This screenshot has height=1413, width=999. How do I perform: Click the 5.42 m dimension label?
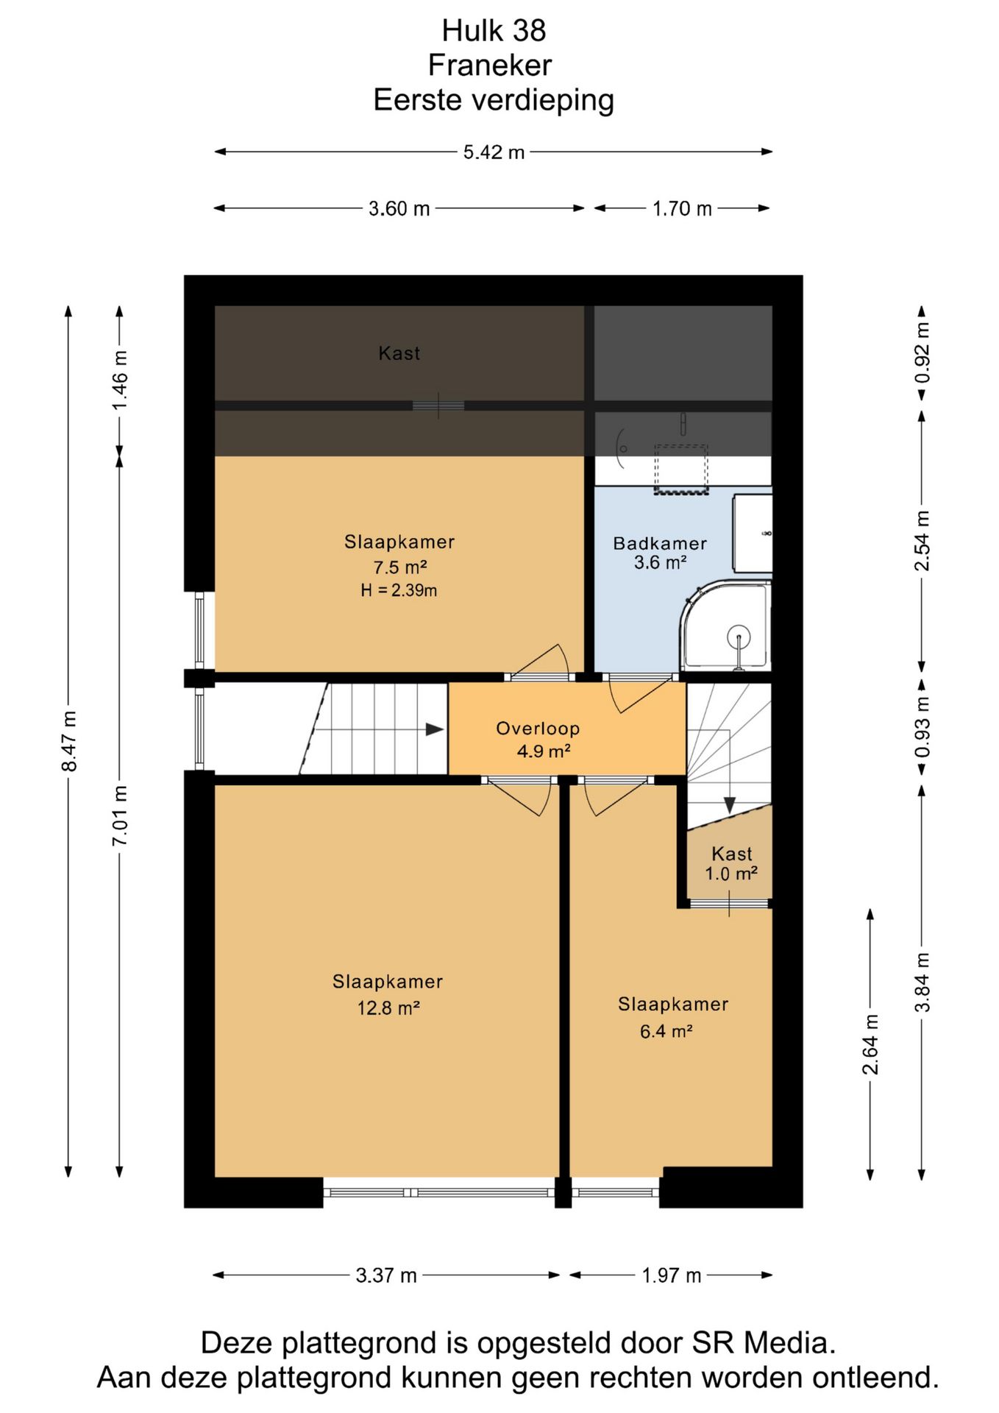point(494,152)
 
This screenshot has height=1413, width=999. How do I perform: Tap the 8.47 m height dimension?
point(69,741)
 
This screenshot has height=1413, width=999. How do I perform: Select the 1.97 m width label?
point(671,1275)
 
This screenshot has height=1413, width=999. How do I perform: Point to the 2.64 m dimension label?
point(870,1044)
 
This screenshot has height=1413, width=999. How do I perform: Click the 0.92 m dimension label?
point(922,353)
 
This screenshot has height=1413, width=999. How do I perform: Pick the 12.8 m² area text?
point(388,1008)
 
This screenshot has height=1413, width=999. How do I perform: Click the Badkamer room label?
point(660,544)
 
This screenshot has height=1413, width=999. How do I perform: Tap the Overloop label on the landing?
point(538,729)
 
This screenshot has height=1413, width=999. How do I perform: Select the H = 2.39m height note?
point(399,590)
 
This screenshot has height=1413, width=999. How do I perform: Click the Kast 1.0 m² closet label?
point(731,864)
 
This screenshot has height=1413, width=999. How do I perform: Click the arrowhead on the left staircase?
point(435,729)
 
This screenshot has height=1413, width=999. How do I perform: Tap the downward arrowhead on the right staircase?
point(729,805)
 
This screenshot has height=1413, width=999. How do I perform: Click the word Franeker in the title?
point(490,65)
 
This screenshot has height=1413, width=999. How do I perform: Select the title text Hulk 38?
point(494,31)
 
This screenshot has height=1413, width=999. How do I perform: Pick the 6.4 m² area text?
point(666,1032)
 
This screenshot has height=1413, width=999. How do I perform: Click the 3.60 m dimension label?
point(399,209)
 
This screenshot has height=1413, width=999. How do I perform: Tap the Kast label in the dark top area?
point(399,353)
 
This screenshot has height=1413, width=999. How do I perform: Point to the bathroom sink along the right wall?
point(753,534)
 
